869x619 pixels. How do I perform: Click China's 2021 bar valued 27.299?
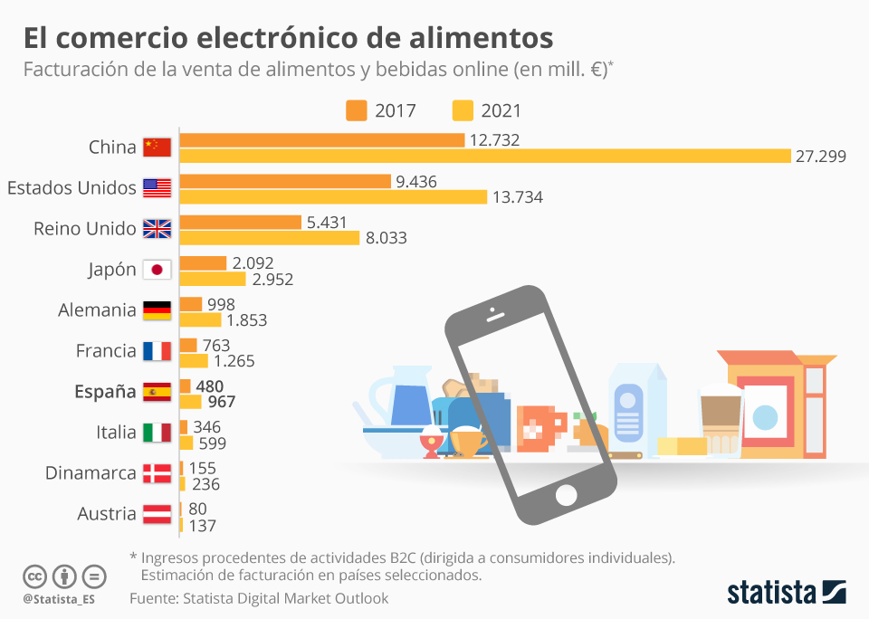[x=485, y=156]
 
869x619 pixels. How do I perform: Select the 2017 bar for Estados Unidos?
[x=285, y=181]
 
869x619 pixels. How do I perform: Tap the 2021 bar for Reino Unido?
[x=271, y=238]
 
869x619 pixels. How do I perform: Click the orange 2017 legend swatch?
[x=356, y=110]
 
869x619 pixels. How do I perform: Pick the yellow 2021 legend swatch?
[x=463, y=110]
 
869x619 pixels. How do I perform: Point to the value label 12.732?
[x=495, y=139]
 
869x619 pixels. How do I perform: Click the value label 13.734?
[x=515, y=196]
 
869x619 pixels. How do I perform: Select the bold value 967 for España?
[x=216, y=401]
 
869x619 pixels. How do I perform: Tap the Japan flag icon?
[x=158, y=270]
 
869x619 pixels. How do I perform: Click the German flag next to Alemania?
[x=158, y=310]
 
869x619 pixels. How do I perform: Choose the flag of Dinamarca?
[x=158, y=473]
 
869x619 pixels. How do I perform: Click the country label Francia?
[x=105, y=351]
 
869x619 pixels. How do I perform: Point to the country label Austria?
[x=106, y=514]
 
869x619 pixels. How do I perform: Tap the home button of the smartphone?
[x=567, y=495]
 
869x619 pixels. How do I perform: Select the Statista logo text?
[x=771, y=594]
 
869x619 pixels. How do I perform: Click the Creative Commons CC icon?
[x=34, y=576]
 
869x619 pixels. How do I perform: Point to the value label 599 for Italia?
[x=211, y=443]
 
